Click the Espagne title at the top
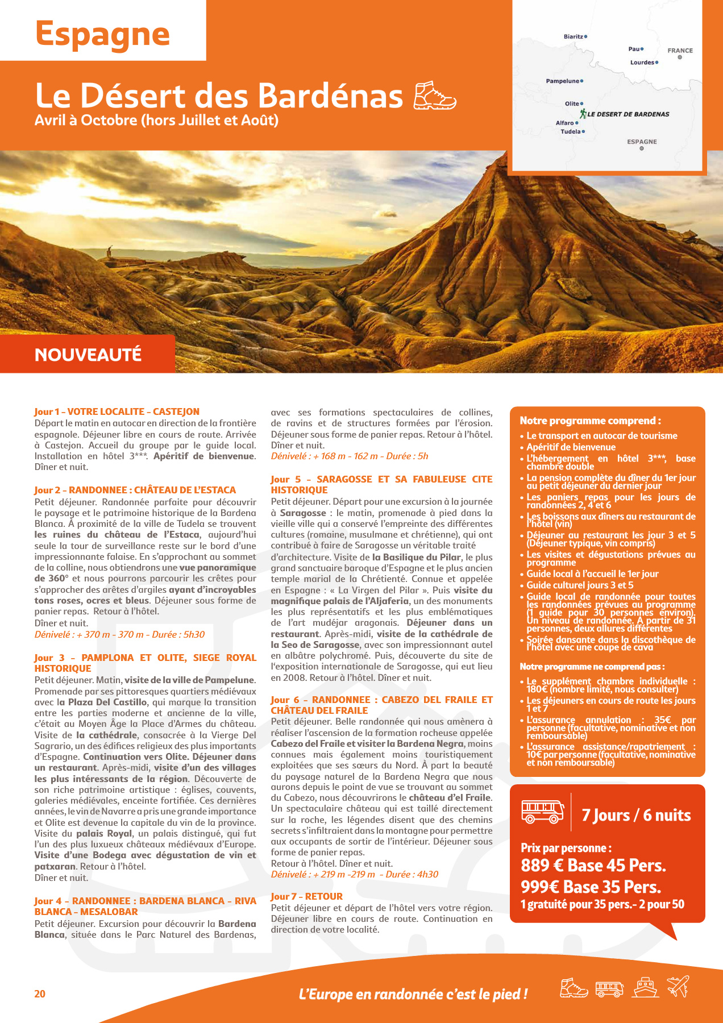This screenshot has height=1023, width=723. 102,34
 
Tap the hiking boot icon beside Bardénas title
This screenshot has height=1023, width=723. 435,95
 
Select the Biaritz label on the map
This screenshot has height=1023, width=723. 574,37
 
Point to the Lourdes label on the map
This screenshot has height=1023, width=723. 642,63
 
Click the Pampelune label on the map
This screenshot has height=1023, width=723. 563,81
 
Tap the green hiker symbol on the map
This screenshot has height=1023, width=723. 583,114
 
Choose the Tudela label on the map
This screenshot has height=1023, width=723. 571,132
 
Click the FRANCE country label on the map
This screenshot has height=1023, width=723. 680,51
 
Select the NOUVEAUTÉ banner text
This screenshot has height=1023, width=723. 88,355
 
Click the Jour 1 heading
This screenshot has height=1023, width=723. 117,411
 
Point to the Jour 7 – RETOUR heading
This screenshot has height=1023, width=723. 306,896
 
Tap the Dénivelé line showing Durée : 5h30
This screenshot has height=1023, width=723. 119,634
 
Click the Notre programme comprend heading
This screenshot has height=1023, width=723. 590,421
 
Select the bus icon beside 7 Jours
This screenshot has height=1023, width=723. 542,811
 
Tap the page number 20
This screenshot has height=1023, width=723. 40,993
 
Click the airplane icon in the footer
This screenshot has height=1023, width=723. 678,987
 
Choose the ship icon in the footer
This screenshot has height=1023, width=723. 646,988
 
